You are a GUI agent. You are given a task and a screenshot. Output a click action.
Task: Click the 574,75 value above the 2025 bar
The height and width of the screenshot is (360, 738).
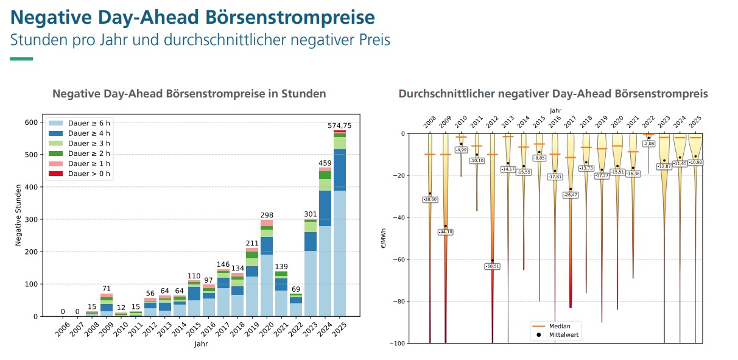[x=340, y=125]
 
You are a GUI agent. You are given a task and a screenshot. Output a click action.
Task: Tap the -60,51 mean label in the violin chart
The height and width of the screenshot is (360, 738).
[x=492, y=266]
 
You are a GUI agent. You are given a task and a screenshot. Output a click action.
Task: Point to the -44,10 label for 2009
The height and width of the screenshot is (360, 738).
[x=445, y=232]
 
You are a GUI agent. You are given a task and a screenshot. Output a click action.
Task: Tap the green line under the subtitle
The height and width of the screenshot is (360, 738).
[x=22, y=59]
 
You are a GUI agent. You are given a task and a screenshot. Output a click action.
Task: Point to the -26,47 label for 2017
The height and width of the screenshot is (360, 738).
[x=571, y=195]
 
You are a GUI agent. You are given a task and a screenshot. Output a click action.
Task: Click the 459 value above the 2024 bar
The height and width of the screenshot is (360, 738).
[x=325, y=163]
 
